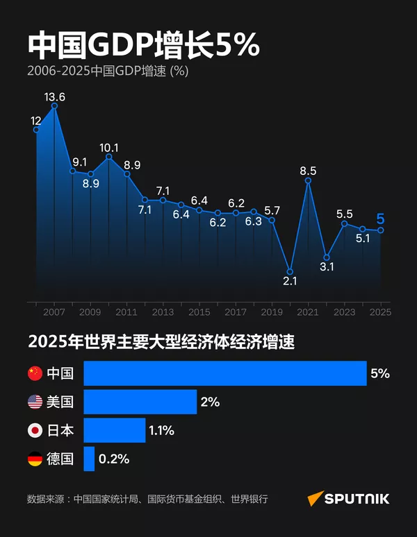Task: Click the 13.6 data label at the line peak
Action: tap(54, 97)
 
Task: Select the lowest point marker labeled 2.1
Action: tap(291, 271)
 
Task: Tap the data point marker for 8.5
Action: tap(308, 181)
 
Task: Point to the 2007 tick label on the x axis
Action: tap(54, 312)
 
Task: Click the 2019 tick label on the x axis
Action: tap(272, 312)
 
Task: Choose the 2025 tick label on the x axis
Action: tap(380, 312)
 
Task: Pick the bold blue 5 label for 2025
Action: tap(380, 220)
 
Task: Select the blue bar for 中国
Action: tap(225, 373)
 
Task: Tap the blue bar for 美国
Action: tap(140, 402)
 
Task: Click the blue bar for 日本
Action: tap(115, 430)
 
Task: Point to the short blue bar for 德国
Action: tap(89, 459)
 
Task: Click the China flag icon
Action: tap(35, 373)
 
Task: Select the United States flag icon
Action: tap(35, 402)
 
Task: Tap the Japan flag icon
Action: tap(35, 430)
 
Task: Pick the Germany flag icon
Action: tap(35, 459)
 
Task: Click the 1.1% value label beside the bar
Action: tap(161, 430)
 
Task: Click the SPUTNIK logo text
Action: tap(359, 499)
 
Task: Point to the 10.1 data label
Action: tap(109, 148)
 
